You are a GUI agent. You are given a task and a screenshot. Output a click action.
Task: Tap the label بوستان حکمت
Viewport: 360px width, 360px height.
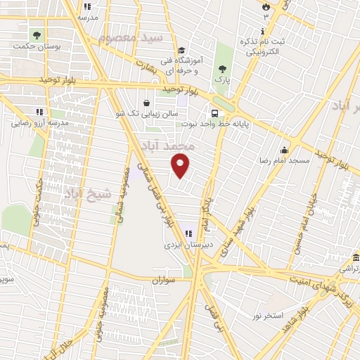(x=36, y=46)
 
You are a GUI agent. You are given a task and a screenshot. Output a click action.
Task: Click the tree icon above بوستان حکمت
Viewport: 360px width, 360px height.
(x=36, y=34)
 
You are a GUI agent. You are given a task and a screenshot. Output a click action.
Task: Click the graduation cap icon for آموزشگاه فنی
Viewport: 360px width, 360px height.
(x=181, y=51)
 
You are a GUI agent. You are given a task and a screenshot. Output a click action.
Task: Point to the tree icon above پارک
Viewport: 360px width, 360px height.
(x=223, y=69)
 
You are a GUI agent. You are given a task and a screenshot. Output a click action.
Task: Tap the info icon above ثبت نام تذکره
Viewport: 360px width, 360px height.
(x=263, y=32)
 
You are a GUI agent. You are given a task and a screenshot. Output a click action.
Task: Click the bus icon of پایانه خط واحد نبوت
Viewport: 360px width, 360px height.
(x=214, y=112)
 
